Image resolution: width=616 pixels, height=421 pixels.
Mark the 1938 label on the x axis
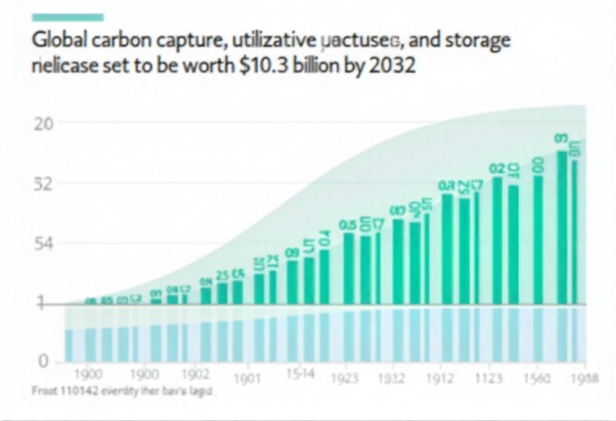pos(585,378)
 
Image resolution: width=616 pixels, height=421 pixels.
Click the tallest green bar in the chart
pos(563,226)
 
